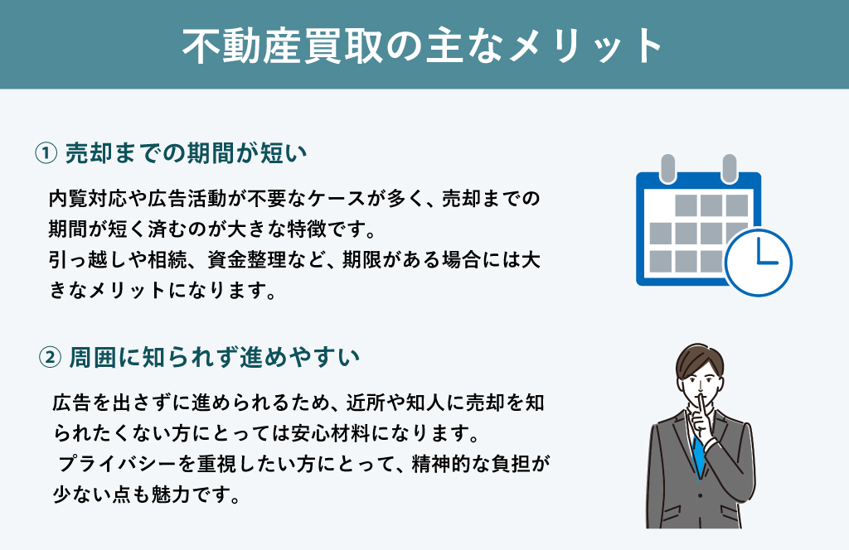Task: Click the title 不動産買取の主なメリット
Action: (422, 46)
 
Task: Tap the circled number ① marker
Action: (46, 153)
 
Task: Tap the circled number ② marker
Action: (50, 358)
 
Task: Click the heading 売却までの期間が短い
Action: (187, 153)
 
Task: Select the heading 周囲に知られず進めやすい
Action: (215, 358)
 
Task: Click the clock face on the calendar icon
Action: (758, 263)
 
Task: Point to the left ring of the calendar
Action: (668, 168)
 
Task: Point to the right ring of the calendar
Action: (730, 168)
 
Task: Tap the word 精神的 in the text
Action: (441, 464)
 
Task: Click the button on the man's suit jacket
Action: (700, 495)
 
